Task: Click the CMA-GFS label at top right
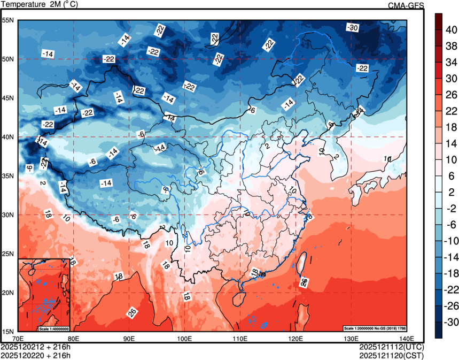coord(406,5)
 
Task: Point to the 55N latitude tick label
coord(8,20)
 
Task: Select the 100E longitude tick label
coord(184,338)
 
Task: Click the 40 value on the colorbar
coord(450,30)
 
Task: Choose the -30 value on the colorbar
coord(450,322)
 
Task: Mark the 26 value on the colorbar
coord(450,95)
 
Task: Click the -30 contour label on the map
coord(352,28)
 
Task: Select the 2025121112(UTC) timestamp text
coord(392,347)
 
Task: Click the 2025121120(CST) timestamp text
coord(392,354)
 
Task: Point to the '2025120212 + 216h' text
coord(36,347)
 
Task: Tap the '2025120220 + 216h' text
coord(36,354)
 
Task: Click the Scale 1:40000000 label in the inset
coord(53,328)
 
